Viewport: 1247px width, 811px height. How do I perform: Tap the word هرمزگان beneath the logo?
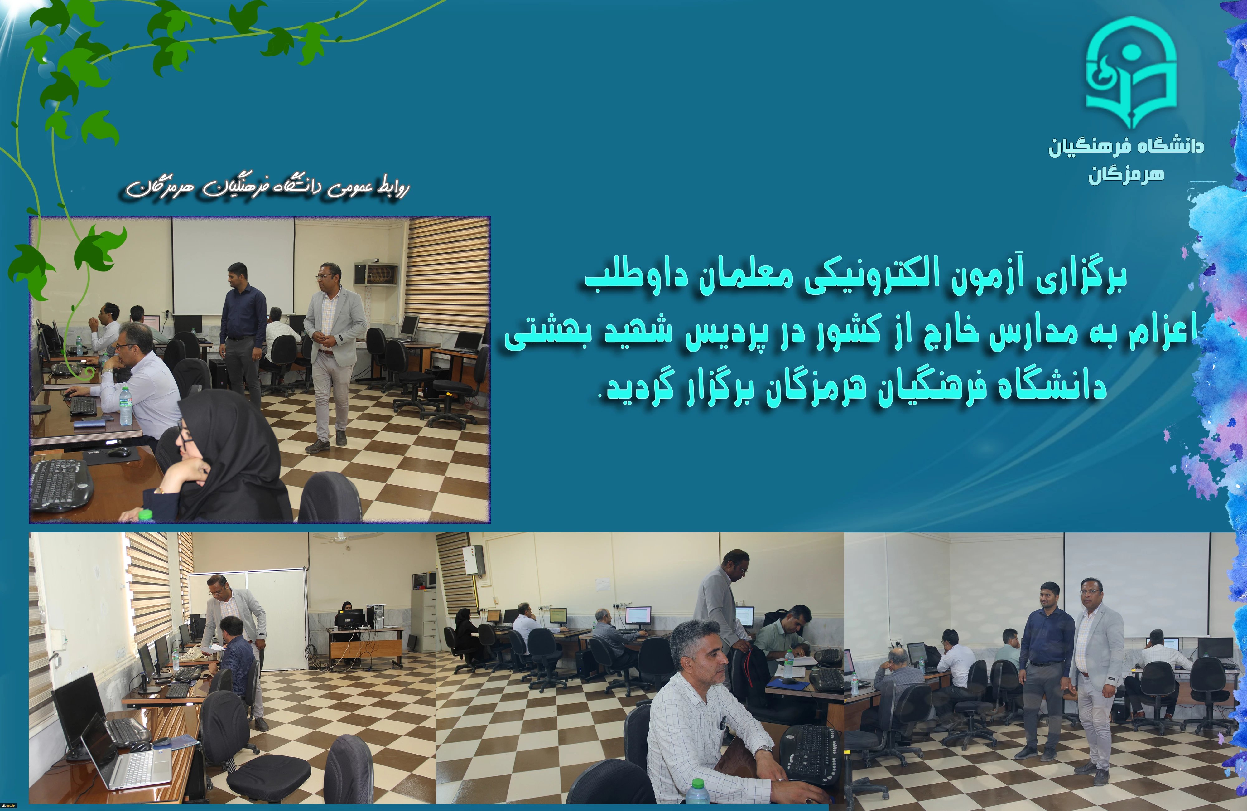1126,175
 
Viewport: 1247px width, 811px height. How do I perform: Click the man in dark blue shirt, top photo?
242,336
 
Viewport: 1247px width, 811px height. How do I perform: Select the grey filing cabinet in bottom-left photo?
423,619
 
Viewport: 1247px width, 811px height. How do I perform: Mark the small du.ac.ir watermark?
9,805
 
